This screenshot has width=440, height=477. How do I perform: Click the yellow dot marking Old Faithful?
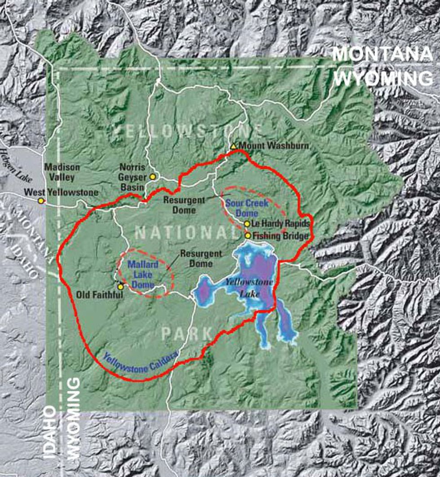click(120, 286)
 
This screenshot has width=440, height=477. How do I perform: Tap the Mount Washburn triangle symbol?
click(233, 146)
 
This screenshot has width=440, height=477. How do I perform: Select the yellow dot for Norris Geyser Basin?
click(153, 177)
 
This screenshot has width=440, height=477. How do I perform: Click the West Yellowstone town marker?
click(41, 201)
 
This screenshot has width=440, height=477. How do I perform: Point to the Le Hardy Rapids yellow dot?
click(247, 223)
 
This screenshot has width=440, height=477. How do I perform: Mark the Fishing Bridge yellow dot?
click(248, 235)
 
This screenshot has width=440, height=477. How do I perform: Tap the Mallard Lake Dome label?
click(143, 275)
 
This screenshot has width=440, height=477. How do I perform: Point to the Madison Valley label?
click(62, 172)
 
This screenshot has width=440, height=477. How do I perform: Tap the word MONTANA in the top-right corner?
click(381, 54)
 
